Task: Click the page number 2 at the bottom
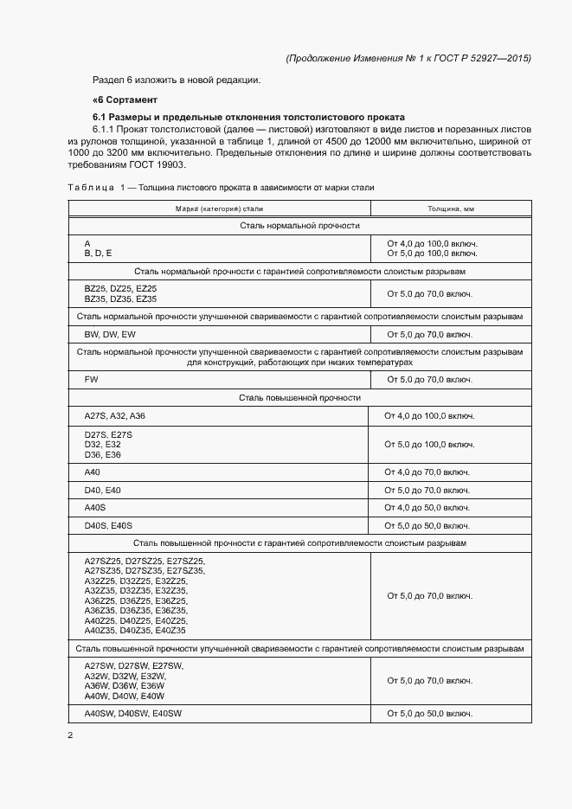point(71,735)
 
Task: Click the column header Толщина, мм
point(450,209)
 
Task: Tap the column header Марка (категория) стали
point(220,209)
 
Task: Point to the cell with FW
point(91,379)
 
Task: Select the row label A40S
point(94,507)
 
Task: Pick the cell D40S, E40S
point(108,525)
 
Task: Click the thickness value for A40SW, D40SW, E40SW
point(429,713)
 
